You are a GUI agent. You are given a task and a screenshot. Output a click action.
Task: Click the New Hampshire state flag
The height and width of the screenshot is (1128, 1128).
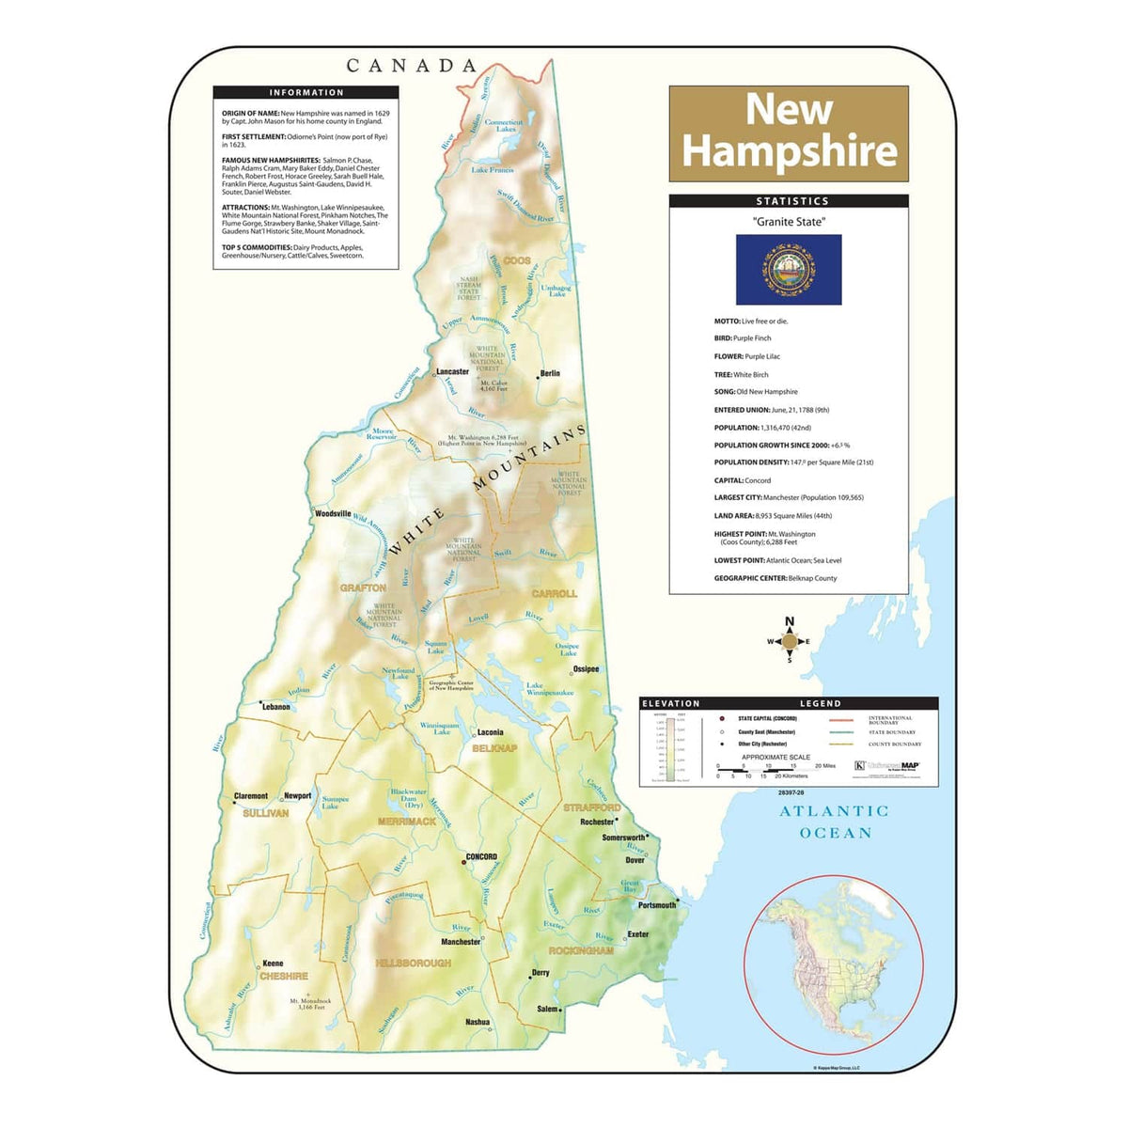[788, 269]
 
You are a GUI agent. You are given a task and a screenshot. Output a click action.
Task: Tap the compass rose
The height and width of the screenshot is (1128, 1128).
[790, 641]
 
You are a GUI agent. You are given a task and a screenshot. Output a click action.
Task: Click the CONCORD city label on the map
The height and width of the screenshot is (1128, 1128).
[480, 856]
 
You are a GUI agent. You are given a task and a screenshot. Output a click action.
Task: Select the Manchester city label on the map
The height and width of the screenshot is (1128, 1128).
[461, 941]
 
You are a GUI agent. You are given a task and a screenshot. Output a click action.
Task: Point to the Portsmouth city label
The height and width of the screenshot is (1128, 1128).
[657, 905]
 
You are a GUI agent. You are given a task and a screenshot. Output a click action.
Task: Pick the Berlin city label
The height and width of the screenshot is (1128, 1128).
[550, 373]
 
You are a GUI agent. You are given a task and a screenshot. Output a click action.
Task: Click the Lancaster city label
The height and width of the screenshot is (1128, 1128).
[452, 371]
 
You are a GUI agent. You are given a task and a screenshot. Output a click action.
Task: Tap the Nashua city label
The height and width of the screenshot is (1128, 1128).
[477, 1022]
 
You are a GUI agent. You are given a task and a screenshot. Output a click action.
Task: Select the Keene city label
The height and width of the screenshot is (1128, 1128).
[273, 963]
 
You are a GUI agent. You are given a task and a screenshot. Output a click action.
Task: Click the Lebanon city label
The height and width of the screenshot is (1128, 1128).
[275, 707]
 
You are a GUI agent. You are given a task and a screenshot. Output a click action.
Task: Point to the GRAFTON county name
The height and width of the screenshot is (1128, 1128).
[363, 587]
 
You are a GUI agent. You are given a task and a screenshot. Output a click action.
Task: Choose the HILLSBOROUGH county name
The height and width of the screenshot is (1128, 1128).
[413, 963]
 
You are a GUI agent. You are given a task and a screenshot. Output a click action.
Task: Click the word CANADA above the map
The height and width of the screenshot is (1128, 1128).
[412, 66]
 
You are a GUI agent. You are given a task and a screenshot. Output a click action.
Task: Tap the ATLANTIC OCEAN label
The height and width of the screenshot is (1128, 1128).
[835, 822]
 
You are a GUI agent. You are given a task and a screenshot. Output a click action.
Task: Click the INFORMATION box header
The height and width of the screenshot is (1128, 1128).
[306, 92]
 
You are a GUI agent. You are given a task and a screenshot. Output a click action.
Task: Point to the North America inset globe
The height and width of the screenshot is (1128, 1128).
[833, 964]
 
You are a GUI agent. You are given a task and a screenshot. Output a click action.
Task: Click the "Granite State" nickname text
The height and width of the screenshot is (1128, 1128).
[788, 222]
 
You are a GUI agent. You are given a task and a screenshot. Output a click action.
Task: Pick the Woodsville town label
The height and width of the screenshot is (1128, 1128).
[333, 514]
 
